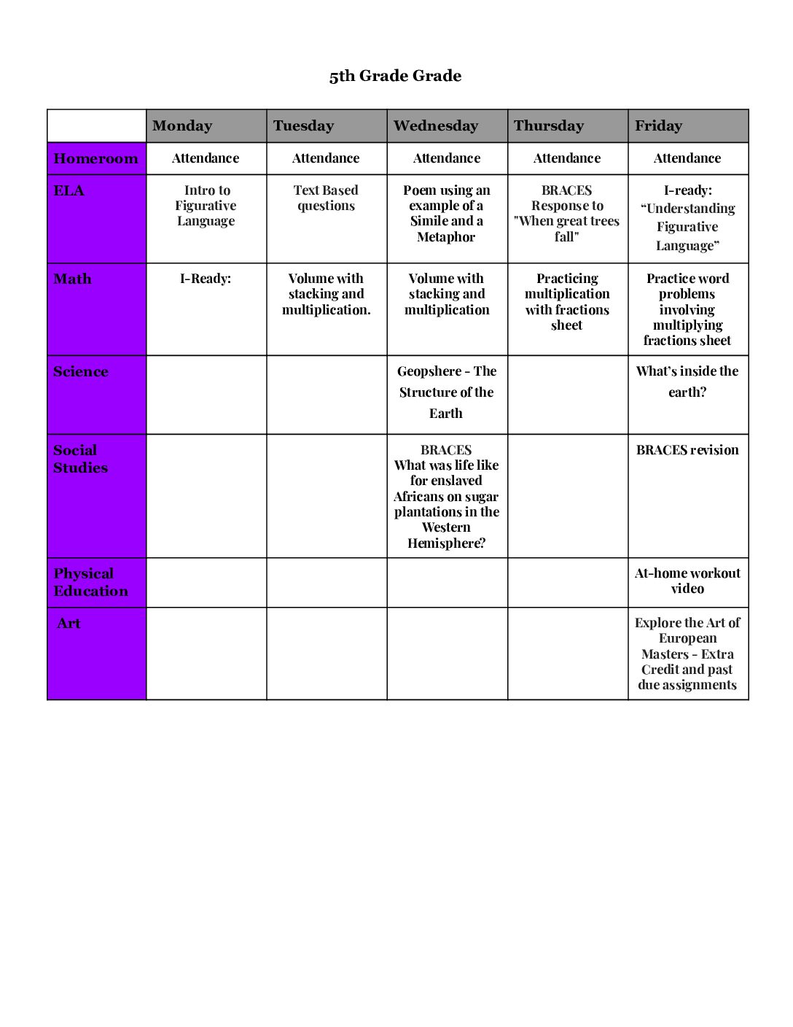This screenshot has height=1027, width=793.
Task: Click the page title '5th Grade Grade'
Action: coord(395,76)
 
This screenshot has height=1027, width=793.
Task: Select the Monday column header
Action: coord(182,125)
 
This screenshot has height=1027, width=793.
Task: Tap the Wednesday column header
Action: coord(436,125)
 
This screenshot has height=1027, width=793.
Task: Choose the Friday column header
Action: coord(658,125)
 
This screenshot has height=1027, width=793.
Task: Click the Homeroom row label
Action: coord(95,158)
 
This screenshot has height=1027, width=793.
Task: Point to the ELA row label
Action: coord(69,191)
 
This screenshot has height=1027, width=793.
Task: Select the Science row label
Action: coord(81,371)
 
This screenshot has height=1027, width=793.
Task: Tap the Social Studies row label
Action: coord(80,459)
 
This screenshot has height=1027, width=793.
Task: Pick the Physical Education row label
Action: coord(90,582)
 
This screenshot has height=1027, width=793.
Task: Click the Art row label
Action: coord(69,624)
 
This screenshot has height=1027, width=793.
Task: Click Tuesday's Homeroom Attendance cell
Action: coord(326,158)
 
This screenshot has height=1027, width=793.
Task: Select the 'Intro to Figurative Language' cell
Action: coord(206,206)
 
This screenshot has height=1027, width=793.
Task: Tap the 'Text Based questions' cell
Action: coord(326,198)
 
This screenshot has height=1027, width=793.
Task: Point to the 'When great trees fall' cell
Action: coord(567,213)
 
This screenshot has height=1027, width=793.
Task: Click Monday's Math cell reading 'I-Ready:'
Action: coord(206,279)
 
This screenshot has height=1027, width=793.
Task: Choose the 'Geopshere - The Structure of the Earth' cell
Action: coord(447,392)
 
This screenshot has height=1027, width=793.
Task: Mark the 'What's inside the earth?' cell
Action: coord(687,381)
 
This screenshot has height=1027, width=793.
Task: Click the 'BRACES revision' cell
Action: coord(687,450)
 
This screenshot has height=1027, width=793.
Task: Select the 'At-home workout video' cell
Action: coord(687,581)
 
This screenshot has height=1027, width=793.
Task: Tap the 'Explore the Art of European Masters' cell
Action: coord(687,654)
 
